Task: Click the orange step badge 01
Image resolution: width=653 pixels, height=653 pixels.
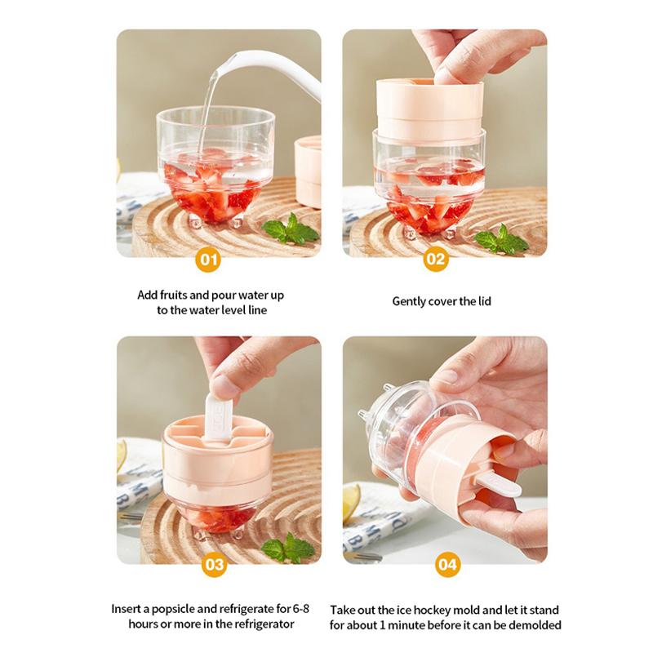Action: (210, 260)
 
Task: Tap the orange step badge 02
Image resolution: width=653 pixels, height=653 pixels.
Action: (436, 260)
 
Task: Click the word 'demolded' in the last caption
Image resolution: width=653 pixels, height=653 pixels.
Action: (535, 625)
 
